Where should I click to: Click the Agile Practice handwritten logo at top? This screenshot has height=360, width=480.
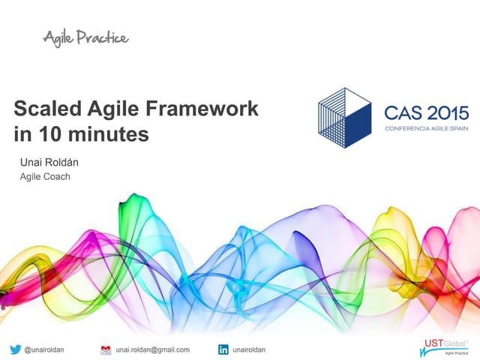[x=85, y=37]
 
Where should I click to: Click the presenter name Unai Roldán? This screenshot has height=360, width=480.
[x=50, y=163]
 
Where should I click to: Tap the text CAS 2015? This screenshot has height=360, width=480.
[x=426, y=113]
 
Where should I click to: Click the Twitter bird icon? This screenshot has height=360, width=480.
[x=16, y=349]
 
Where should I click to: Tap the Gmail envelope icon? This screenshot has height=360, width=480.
[x=106, y=349]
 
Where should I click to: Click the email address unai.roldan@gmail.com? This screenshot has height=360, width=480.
[x=153, y=349]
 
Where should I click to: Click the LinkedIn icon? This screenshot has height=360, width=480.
[x=223, y=349]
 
